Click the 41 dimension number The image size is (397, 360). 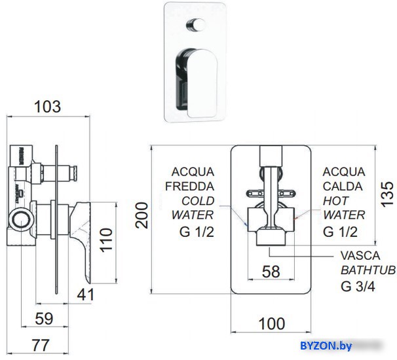pos(85,295)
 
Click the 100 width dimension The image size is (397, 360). pos(271,323)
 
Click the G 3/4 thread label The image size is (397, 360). pos(358,285)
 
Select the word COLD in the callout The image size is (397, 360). pos(198,200)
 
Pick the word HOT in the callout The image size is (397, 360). pos(335,200)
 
